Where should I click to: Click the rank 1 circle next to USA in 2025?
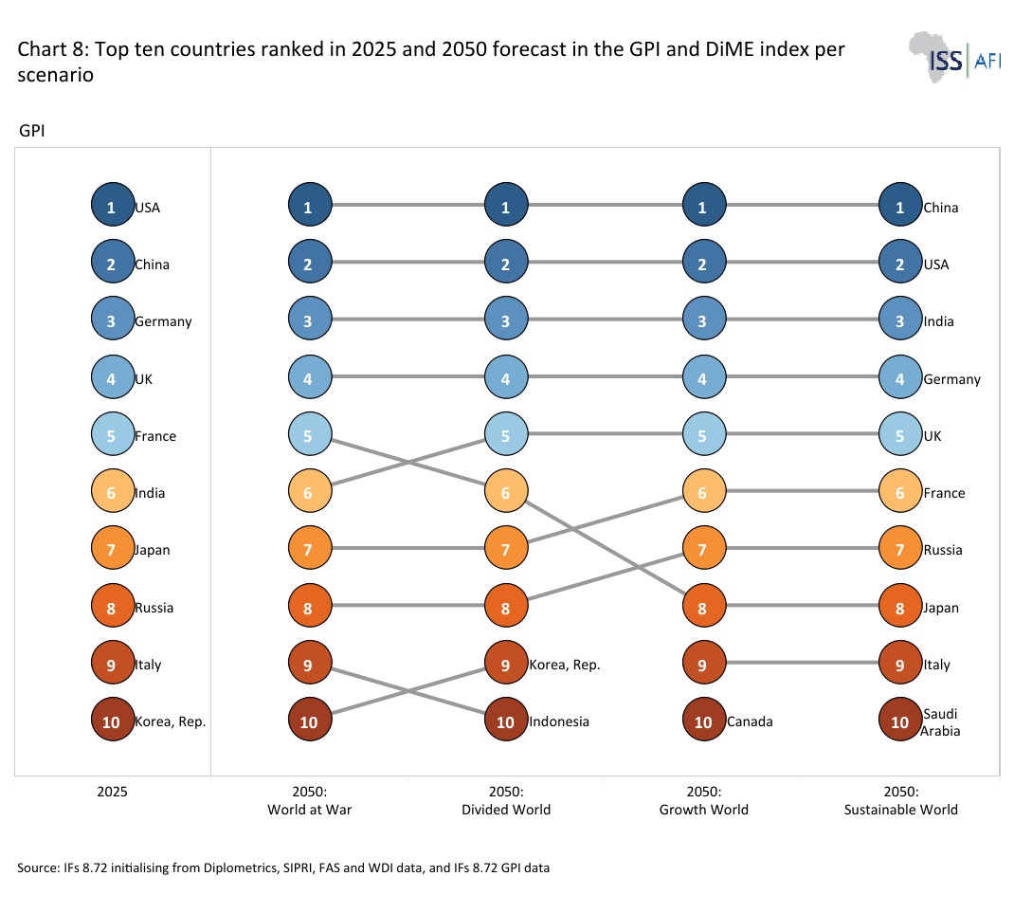[113, 205]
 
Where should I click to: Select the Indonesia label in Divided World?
[559, 721]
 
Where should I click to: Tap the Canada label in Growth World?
[750, 721]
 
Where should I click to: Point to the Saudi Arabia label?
[940, 722]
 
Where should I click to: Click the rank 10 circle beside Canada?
[703, 720]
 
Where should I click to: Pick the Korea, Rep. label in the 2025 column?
[170, 721]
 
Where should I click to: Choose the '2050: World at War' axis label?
[310, 800]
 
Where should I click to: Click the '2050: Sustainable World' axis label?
[901, 800]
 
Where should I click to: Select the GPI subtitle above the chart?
[31, 131]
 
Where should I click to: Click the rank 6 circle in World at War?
[310, 491]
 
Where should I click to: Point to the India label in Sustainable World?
[938, 321]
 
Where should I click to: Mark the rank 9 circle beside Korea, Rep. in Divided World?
[506, 663]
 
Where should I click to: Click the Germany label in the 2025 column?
[163, 321]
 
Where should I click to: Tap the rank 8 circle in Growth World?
[703, 606]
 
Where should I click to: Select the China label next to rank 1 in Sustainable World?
[941, 208]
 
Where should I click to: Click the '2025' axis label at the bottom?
[113, 792]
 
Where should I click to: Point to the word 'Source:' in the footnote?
[38, 868]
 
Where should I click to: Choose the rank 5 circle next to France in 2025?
[113, 434]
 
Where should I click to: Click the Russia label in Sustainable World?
[943, 550]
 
